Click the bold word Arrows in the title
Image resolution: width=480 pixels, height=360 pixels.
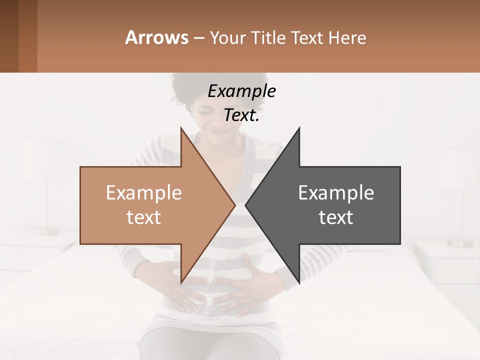coord(157,37)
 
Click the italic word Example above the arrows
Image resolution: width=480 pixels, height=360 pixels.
coord(241,91)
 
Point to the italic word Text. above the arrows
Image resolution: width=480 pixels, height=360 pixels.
coord(241,115)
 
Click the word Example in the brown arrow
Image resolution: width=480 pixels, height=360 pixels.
coord(144,192)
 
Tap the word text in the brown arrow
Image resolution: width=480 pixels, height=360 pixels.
coord(144,217)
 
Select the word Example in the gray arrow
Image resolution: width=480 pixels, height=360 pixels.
coord(336,192)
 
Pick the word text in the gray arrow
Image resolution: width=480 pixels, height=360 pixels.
coord(336,217)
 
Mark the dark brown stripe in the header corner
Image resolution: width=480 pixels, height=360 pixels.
coord(9,36)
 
